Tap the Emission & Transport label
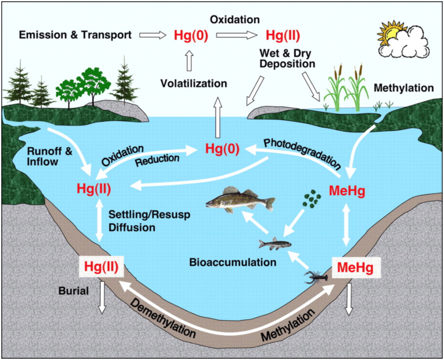(x=75, y=35)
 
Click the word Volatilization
(x=194, y=84)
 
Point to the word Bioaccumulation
(x=224, y=261)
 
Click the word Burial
(x=73, y=290)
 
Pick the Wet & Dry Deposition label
(x=286, y=58)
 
